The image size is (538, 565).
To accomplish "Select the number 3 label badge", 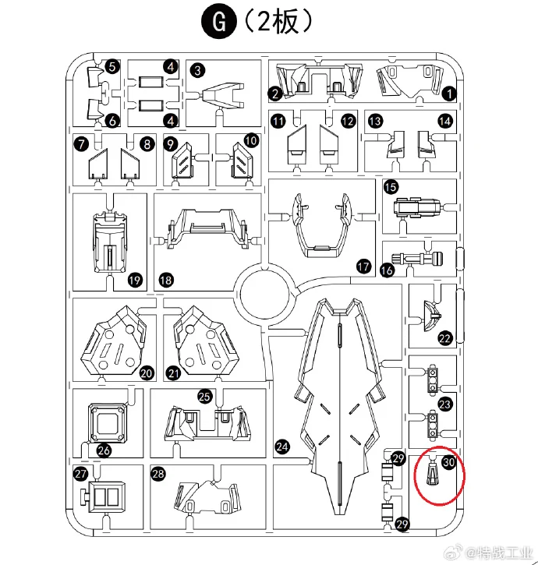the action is [x=197, y=70].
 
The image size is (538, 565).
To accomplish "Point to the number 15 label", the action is [x=391, y=186].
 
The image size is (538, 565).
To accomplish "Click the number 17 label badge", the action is [x=363, y=267].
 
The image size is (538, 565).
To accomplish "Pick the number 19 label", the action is [x=134, y=280].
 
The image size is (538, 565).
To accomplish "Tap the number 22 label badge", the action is [x=445, y=338].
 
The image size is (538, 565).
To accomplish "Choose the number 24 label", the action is [x=282, y=447].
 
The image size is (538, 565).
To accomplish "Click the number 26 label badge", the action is [x=104, y=450].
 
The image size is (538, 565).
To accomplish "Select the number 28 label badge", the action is [x=158, y=474].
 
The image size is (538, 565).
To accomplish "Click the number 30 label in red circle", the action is [x=448, y=461].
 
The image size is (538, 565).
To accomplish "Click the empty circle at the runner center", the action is [x=264, y=297].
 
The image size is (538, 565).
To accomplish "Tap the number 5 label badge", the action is [x=112, y=68].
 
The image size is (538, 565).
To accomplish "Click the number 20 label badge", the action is [x=146, y=373].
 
